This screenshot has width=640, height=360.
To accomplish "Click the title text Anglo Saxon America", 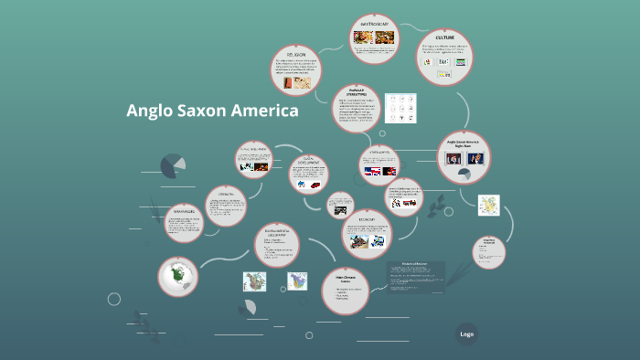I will point(212,111).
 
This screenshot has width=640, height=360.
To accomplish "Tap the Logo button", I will point(467,334).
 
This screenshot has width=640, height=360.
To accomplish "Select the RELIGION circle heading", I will point(296,54).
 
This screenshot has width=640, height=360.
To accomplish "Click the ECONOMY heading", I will point(368,219).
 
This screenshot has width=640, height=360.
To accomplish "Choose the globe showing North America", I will point(177,276).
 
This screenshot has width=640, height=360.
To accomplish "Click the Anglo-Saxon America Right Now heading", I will point(462,143).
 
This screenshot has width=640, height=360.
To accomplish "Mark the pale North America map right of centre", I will point(489,206).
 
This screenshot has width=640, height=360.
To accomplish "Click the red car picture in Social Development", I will point(315,185).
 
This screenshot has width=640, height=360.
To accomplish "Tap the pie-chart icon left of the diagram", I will point(171,165).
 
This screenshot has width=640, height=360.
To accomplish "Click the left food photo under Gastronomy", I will point(363,37).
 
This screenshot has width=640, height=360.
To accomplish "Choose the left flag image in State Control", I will point(372,171).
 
